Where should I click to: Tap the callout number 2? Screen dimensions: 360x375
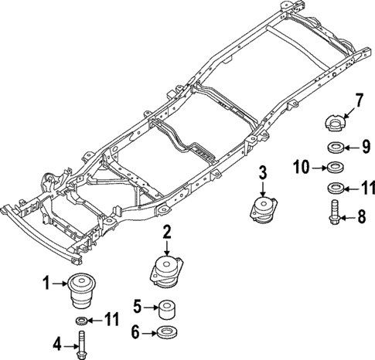[166, 231]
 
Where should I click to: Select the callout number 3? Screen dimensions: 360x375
[264, 172]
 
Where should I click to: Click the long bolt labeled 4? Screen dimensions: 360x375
[81, 341]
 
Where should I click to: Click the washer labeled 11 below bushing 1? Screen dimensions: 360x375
[81, 320]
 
